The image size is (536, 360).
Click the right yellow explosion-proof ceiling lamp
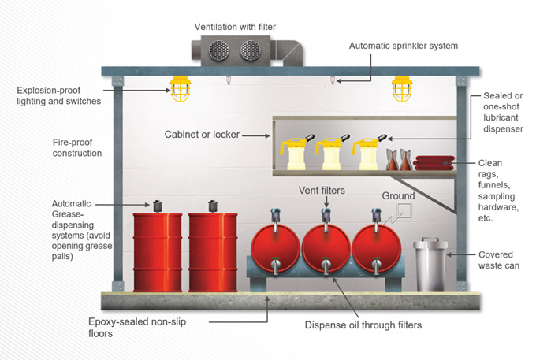click(x=402, y=90)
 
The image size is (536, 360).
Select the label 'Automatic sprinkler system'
click(x=403, y=46)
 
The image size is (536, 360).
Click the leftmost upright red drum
click(x=156, y=251)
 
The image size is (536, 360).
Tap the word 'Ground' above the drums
click(x=398, y=195)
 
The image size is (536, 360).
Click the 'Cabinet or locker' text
click(x=201, y=135)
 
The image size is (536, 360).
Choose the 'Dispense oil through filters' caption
click(x=364, y=324)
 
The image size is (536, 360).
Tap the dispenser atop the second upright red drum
click(x=212, y=206)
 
